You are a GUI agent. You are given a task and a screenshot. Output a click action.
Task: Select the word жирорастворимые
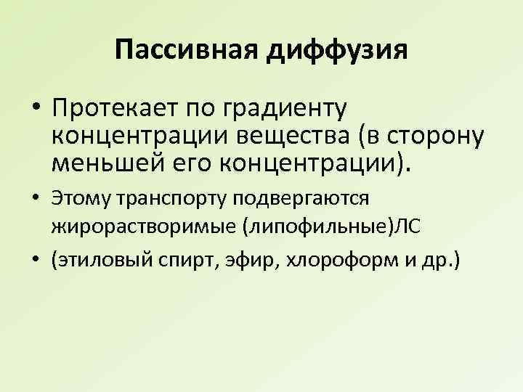pyautogui.click(x=135, y=227)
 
